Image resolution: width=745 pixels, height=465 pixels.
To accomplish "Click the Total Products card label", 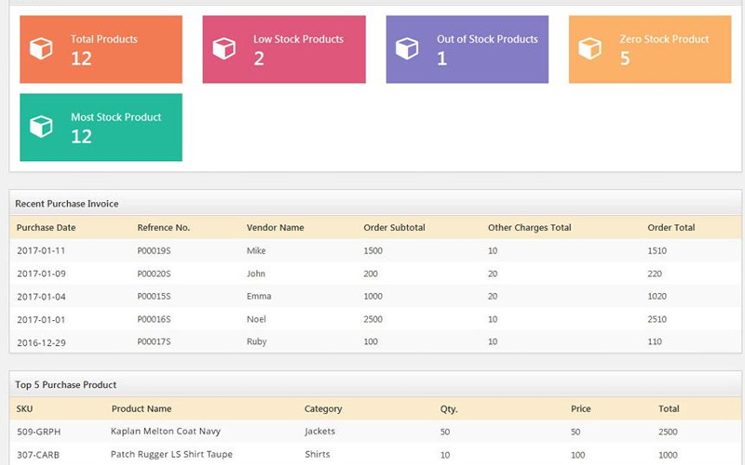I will coord(103,39).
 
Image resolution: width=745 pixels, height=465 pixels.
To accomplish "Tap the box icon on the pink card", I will coord(223,48).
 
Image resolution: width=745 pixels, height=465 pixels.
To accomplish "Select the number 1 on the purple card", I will coord(441,59).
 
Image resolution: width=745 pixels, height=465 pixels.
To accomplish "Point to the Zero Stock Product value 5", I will coord(625,59).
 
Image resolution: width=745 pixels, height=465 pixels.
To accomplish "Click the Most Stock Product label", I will coord(115,117).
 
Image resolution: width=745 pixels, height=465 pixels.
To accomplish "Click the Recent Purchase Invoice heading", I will coord(67,204).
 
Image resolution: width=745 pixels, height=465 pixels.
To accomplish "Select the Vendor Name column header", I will coord(275,228).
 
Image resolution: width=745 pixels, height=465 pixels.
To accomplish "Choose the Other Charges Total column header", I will coord(529,228).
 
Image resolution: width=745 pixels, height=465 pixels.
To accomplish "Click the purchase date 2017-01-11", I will coord(41,251).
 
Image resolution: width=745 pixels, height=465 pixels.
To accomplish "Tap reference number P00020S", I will coord(154,273).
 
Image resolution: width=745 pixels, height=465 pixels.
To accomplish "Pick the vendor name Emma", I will coord(259,297).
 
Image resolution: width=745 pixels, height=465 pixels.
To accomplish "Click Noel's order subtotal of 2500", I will coord(372,319).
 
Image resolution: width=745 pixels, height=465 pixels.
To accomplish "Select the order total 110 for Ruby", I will coord(655,342).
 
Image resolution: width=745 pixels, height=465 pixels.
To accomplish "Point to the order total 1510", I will coord(657,251).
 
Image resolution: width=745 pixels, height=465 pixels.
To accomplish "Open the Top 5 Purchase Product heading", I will coord(65,385).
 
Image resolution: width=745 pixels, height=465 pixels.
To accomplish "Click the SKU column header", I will coord(24,409).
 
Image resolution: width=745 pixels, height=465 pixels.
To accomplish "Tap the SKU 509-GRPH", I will coord(38,432).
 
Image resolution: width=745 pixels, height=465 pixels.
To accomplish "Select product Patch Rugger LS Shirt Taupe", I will coord(171,455).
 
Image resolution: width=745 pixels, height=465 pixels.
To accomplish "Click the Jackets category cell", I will coord(319,432).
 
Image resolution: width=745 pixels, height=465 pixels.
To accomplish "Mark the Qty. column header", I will coord(449,409).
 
